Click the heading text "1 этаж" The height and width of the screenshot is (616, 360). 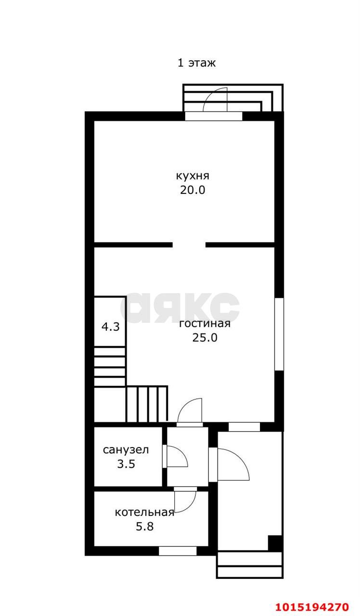[x=196, y=63]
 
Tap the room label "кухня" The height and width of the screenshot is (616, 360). [x=193, y=176]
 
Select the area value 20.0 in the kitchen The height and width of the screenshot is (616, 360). [x=193, y=190]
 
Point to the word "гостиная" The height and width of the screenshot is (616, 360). [x=205, y=323]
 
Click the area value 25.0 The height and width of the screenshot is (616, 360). [x=205, y=338]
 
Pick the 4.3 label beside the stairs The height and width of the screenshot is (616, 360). [x=110, y=327]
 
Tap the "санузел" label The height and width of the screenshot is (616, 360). [x=126, y=450]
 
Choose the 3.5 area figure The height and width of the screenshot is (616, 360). [x=126, y=465]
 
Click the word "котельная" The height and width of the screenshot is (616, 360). [x=144, y=513]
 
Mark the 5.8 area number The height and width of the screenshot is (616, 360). [x=144, y=526]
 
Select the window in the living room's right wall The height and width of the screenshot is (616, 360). [x=279, y=334]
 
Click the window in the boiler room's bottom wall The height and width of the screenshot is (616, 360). [x=178, y=551]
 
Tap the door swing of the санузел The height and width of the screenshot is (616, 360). [x=176, y=457]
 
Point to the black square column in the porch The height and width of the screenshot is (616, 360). [x=274, y=543]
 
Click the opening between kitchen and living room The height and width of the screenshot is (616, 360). [x=189, y=245]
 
